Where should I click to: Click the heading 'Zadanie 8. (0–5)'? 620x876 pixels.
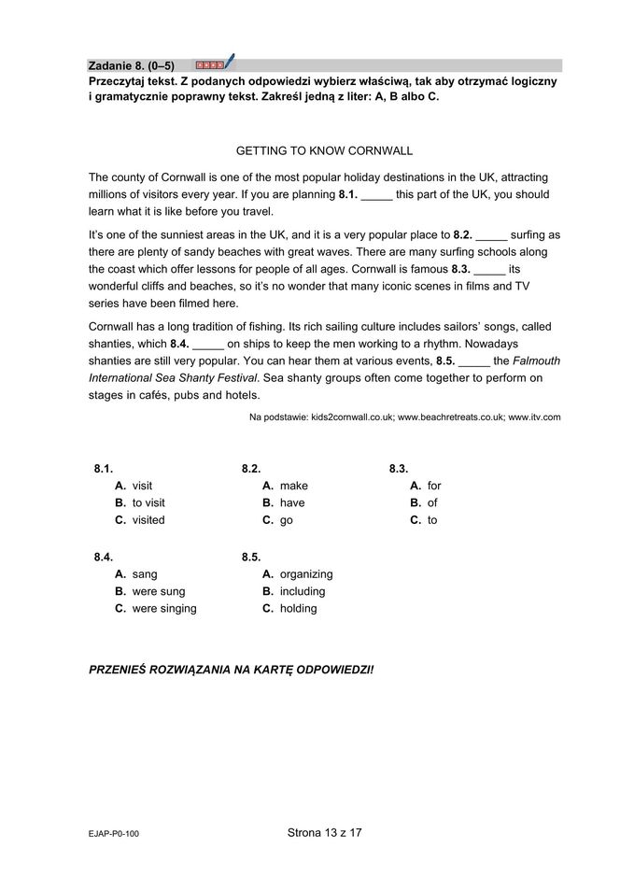point(131,65)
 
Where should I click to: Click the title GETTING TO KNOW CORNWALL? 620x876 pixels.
point(324,150)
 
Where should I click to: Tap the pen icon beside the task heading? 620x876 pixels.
point(230,63)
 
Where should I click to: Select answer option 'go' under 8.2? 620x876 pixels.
point(286,520)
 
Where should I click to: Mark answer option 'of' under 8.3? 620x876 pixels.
point(432,502)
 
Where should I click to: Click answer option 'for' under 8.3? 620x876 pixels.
point(434,486)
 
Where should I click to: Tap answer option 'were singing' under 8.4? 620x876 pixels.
point(164,608)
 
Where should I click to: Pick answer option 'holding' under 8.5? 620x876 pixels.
point(298,608)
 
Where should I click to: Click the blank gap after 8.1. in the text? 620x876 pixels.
point(376,196)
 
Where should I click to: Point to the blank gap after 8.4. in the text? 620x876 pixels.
point(208,345)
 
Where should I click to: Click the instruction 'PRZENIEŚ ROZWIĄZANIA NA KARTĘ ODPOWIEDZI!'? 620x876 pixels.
point(231,671)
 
